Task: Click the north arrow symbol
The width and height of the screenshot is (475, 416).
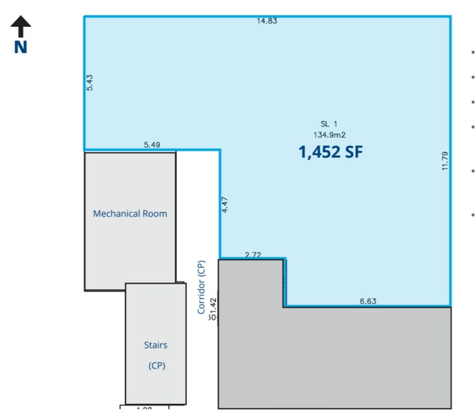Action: [21, 27]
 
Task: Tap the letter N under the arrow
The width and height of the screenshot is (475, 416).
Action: [21, 47]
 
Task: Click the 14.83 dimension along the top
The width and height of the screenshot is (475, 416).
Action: [267, 21]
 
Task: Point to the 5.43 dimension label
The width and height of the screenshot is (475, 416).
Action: [89, 82]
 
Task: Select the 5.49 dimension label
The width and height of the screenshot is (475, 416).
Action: [151, 144]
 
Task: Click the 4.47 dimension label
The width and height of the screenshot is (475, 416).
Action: [224, 205]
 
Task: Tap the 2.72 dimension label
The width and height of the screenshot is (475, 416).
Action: [253, 254]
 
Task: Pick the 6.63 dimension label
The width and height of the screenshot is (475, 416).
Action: [367, 301]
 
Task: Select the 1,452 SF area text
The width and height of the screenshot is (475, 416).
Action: [331, 151]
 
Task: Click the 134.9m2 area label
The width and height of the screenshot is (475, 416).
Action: [329, 134]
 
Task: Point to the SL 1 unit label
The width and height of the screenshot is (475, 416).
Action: [329, 124]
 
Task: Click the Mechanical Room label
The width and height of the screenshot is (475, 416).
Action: [130, 213]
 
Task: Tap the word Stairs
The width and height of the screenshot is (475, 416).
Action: [155, 345]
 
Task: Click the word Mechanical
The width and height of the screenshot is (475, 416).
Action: [117, 213]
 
